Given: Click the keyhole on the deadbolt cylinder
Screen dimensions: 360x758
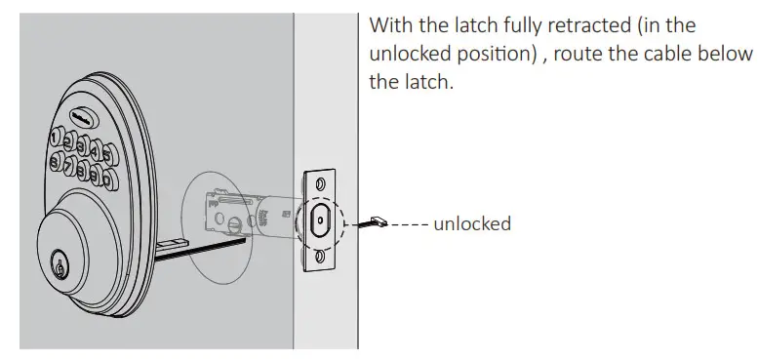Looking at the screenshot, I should (60, 263).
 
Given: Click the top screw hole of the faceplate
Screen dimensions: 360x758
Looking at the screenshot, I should (320, 181).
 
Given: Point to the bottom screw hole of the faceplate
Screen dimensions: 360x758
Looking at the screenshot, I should (319, 256).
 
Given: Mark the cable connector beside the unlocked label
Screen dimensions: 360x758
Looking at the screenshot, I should (377, 223).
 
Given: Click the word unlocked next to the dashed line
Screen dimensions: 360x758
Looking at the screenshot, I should (471, 223).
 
